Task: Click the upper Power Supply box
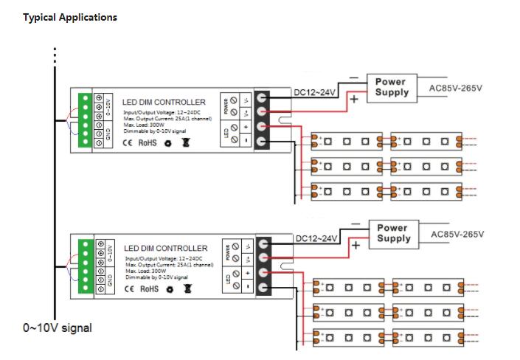pos(391,87)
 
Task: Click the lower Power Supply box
pos(393,233)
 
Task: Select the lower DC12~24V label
pos(317,238)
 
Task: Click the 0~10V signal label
pos(58,327)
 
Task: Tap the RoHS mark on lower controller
pos(148,289)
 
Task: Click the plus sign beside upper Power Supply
pos(354,100)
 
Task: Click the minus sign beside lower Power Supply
pos(355,223)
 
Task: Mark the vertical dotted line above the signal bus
pos(54,57)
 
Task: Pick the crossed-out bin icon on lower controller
pos(187,289)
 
